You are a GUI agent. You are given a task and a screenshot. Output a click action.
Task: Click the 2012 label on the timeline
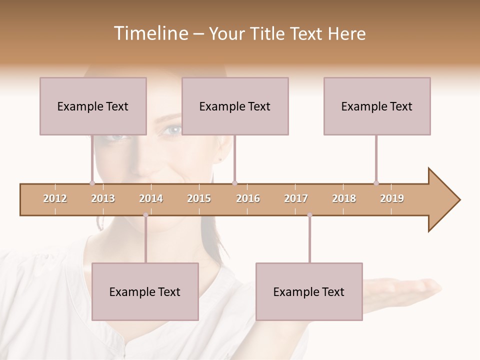coord(55,198)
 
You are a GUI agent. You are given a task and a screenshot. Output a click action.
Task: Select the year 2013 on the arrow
coord(103,198)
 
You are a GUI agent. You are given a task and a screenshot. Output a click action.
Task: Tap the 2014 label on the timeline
coord(151,198)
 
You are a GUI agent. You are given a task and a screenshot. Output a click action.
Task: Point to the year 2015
coord(199,198)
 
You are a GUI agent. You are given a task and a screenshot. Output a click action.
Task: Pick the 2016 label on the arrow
coord(248,198)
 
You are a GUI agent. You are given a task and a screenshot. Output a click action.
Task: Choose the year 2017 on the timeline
coord(296,198)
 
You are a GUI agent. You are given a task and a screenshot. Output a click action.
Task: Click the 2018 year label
coord(344,198)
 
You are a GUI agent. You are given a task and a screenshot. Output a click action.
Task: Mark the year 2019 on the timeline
coord(392,198)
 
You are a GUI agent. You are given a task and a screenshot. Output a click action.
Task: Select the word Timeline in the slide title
coord(150,33)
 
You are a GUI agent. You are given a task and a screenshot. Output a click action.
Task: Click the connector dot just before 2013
coord(92,183)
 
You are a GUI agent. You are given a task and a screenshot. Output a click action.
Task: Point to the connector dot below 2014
coord(145,215)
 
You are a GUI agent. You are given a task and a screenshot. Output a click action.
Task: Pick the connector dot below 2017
coord(309,215)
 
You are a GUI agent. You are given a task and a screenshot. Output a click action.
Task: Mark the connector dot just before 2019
coord(376,183)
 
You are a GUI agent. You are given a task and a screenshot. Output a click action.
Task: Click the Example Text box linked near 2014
coord(145,291)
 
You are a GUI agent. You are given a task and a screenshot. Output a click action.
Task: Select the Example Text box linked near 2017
coord(309,291)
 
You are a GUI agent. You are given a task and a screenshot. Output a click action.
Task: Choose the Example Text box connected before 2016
coord(235,106)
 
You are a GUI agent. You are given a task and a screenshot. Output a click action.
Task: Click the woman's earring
coord(220,159)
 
